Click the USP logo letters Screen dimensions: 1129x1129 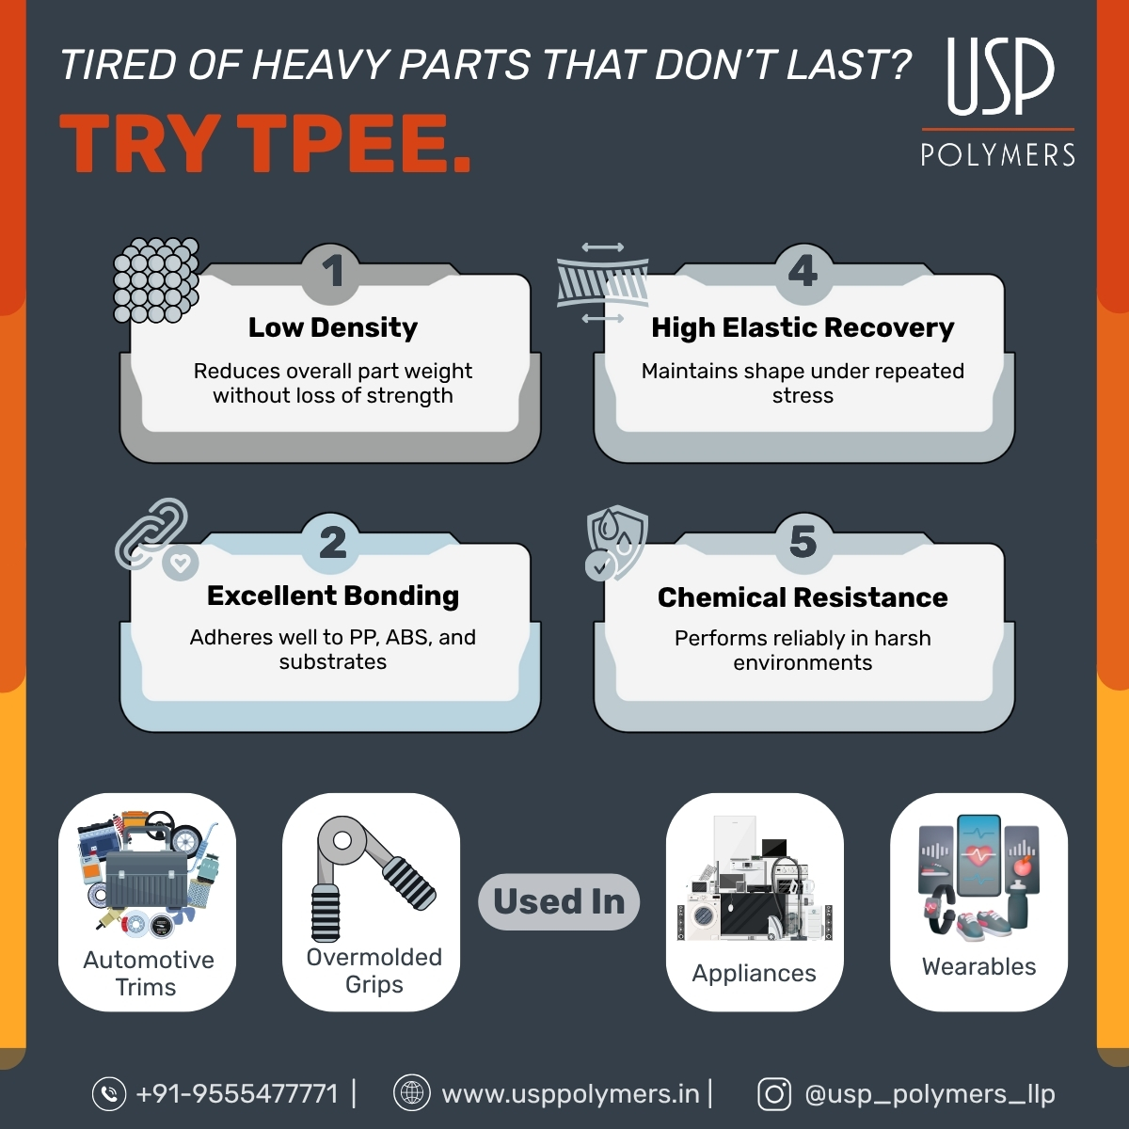pyautogui.click(x=1000, y=76)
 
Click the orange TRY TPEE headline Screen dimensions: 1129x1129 pyautogui.click(x=266, y=144)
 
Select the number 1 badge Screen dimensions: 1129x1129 pyautogui.click(x=332, y=272)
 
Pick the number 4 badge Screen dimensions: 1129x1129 pyautogui.click(x=803, y=272)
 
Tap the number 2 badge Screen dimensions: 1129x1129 pyautogui.click(x=332, y=543)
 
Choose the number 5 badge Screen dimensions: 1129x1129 pyautogui.click(x=803, y=543)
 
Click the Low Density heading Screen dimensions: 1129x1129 pyautogui.click(x=333, y=327)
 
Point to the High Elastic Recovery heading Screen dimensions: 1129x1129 pyautogui.click(x=803, y=327)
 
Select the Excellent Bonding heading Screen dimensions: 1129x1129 pyautogui.click(x=333, y=596)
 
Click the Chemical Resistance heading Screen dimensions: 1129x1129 pyautogui.click(x=803, y=597)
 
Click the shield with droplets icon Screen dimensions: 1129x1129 pyautogui.click(x=616, y=541)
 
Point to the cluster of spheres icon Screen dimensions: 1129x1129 pyautogui.click(x=156, y=279)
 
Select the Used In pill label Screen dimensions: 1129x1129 pyautogui.click(x=559, y=901)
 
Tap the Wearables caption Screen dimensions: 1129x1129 pyautogui.click(x=978, y=966)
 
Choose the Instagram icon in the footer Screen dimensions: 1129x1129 pyautogui.click(x=774, y=1093)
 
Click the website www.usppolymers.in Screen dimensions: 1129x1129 pyautogui.click(x=570, y=1093)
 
